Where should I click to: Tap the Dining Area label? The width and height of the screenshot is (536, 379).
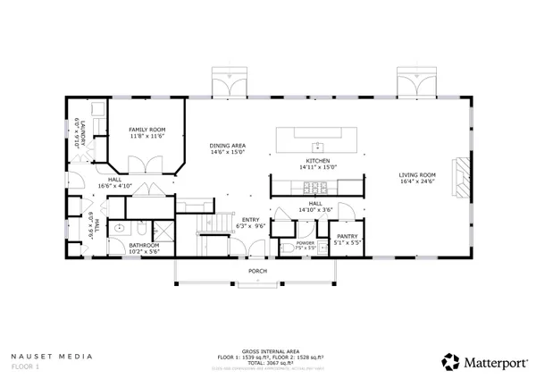[228, 146]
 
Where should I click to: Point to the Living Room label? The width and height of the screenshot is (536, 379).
[416, 174]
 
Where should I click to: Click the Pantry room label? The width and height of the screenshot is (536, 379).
[348, 236]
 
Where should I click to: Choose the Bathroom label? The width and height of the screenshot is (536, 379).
[143, 244]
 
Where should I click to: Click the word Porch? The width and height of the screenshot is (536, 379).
[257, 270]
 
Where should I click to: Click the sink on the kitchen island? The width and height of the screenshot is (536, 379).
[316, 144]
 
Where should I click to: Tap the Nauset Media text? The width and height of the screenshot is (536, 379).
[51, 356]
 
